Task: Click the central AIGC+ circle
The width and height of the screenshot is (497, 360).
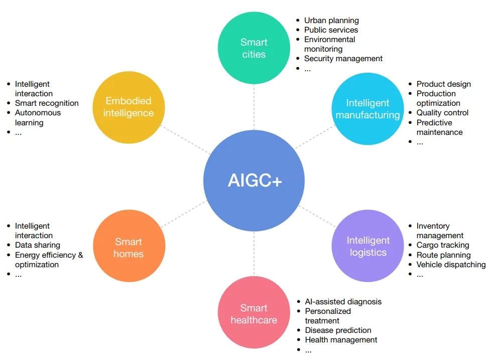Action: coord(254,181)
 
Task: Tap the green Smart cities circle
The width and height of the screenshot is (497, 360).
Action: coord(254,48)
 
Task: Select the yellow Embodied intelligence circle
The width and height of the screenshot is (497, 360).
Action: coord(128,107)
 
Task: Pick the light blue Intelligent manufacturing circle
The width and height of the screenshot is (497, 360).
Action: coord(368,109)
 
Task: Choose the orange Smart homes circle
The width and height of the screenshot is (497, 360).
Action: coord(128,248)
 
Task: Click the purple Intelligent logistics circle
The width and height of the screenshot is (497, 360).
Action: coord(368,246)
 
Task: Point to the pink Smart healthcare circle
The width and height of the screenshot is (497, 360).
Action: coord(254,313)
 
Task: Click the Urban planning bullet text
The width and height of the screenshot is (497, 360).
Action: coord(332,21)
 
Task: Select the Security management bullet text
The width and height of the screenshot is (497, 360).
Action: coord(343,59)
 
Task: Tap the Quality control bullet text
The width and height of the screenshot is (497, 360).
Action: coord(442,113)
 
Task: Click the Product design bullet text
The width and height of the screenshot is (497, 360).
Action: coord(443,84)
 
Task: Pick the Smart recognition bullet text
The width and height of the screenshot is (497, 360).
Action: coord(47,103)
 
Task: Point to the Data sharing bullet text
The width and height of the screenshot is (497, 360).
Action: coord(38,245)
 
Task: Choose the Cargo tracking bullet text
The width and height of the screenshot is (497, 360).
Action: coord(443,245)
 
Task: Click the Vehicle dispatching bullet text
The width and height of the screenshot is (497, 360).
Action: coord(451,264)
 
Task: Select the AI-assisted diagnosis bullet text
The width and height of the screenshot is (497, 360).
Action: coord(343,302)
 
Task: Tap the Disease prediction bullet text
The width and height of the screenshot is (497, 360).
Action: coord(338,330)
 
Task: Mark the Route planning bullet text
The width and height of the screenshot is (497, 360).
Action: coord(443,255)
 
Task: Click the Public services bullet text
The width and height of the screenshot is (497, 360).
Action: coord(331,30)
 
